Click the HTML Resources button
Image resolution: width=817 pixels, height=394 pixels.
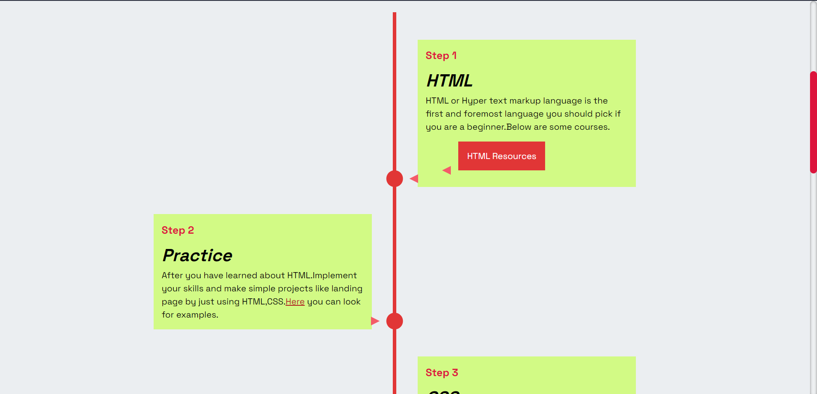[x=501, y=156]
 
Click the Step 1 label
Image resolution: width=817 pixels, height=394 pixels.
[x=441, y=55]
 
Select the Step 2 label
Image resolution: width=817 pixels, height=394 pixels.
[x=178, y=230]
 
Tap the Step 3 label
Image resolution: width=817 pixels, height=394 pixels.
[x=442, y=373]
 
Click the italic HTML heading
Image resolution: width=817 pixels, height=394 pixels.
[x=449, y=81]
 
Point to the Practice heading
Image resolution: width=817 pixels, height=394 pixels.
[x=197, y=256]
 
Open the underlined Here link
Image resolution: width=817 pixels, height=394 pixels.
[x=295, y=302]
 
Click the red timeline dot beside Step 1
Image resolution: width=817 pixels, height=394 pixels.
[x=395, y=179]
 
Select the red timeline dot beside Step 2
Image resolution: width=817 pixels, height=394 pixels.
[x=395, y=321]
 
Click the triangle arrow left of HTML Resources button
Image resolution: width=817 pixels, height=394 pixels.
[x=447, y=170]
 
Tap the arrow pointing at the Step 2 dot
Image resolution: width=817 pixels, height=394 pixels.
[x=374, y=321]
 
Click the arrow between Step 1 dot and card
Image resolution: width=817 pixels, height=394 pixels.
[x=414, y=179]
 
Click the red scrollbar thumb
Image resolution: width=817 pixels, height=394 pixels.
[x=813, y=122]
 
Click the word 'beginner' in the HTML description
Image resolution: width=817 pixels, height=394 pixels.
[x=485, y=127]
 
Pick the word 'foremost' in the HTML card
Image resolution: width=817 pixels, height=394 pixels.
[x=483, y=114]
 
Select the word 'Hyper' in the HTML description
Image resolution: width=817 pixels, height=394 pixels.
[x=474, y=101]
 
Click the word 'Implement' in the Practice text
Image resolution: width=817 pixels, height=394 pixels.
[x=335, y=276]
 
